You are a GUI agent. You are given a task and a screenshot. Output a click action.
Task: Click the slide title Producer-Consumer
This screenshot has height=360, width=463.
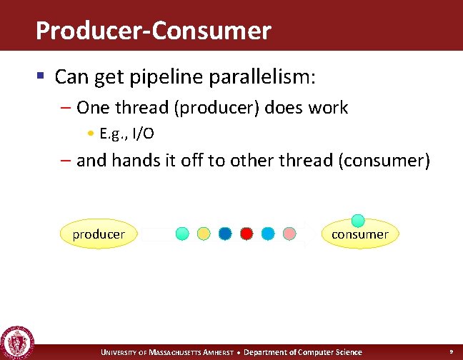(x=153, y=31)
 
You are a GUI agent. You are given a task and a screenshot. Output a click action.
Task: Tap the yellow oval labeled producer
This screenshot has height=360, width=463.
(x=99, y=234)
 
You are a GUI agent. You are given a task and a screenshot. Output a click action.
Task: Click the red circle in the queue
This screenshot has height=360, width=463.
(x=247, y=233)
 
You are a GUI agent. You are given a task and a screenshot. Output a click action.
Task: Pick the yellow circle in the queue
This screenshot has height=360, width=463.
(x=204, y=233)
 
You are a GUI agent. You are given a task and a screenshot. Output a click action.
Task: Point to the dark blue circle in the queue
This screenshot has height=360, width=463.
(x=225, y=233)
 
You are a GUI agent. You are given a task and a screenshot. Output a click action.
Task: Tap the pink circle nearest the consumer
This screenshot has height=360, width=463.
(x=289, y=233)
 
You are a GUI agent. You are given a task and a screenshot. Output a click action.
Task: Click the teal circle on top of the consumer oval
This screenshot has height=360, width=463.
(x=359, y=221)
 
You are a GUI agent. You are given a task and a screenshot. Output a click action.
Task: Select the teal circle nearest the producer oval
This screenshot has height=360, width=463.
(x=182, y=233)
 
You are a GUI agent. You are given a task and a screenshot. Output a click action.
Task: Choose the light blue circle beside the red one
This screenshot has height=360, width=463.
(x=268, y=233)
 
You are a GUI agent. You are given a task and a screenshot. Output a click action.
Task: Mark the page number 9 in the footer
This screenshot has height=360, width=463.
(x=451, y=352)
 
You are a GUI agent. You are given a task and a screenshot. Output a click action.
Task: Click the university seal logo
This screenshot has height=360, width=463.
(x=18, y=342)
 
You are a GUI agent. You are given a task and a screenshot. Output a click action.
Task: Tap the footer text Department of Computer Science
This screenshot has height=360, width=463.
(x=303, y=352)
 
